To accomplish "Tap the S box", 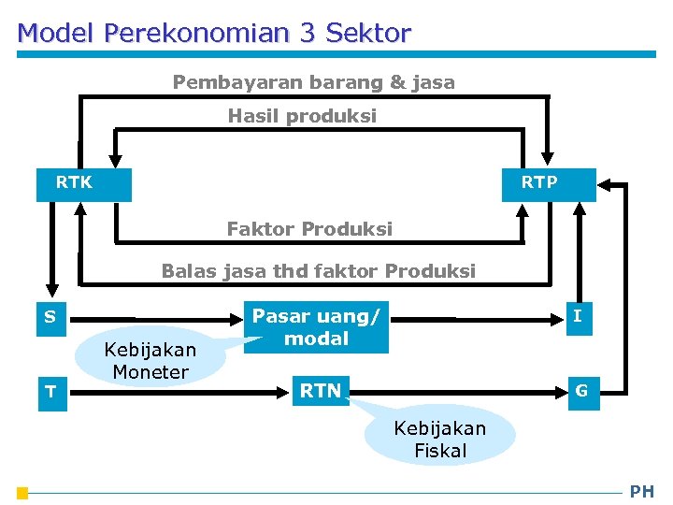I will [x=50, y=317].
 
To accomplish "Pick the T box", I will [x=50, y=391].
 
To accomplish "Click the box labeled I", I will [x=578, y=317].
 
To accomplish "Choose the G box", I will [x=581, y=391].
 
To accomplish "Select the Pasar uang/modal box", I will [x=316, y=327].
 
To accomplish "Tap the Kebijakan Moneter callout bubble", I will [x=151, y=360].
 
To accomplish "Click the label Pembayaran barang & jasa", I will [x=314, y=82].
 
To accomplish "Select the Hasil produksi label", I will [x=303, y=116].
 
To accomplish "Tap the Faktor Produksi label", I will [x=309, y=229].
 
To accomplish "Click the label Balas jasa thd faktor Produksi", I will [x=318, y=271].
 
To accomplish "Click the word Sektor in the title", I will [x=368, y=34].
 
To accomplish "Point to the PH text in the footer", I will [x=642, y=491].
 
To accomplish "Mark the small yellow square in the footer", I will [x=22, y=493].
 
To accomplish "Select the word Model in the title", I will [x=57, y=34].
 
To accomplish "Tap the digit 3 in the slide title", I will [x=308, y=34].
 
